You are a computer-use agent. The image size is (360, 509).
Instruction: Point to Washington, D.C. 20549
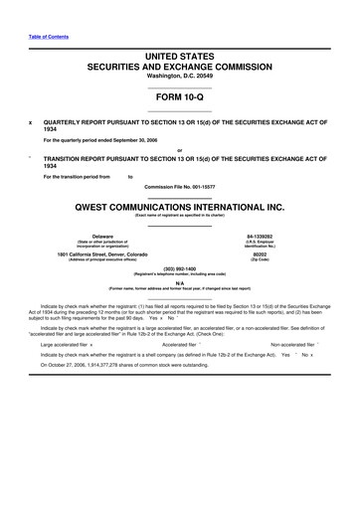pyautogui.click(x=179, y=80)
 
